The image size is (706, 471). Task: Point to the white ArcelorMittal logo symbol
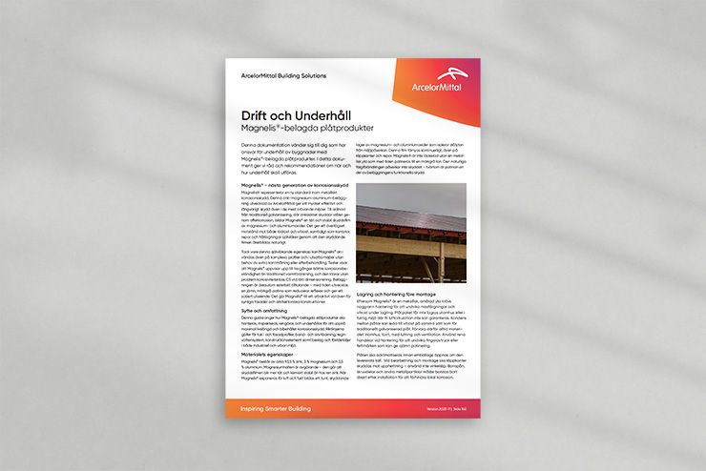click(452, 74)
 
